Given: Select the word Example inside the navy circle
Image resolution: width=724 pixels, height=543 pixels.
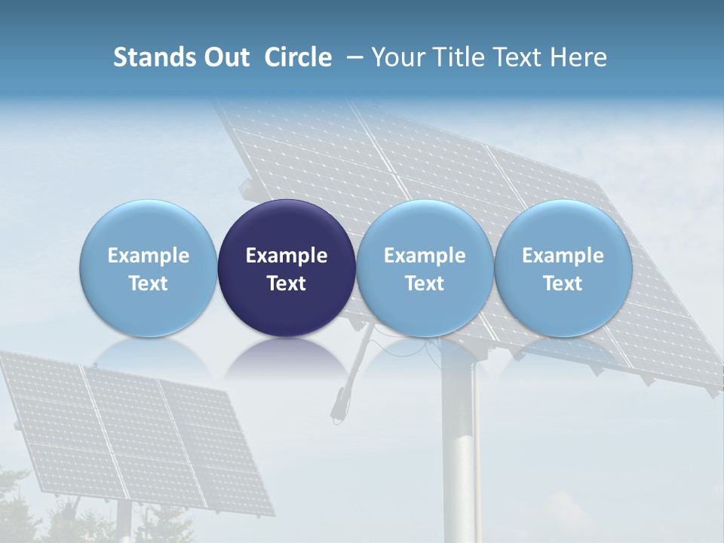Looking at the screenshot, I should click(x=287, y=256).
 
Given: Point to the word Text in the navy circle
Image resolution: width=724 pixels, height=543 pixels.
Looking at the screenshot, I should click(x=287, y=284).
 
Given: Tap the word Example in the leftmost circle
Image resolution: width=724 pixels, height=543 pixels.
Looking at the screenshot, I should click(x=149, y=256).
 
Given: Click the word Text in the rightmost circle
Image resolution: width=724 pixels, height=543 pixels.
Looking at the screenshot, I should click(x=563, y=284).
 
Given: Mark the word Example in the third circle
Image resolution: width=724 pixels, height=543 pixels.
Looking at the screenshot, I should click(x=425, y=256).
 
